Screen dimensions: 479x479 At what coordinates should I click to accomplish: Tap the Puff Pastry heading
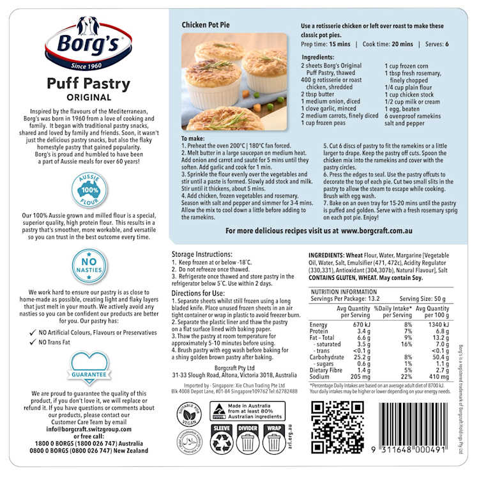(88, 84)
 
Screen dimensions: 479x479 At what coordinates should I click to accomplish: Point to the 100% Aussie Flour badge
(89, 189)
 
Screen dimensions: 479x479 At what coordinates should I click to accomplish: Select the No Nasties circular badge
(89, 266)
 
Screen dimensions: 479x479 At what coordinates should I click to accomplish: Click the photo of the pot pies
(234, 81)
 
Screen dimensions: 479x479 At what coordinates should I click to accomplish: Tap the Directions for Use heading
(201, 292)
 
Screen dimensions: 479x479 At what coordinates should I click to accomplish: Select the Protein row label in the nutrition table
(319, 331)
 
